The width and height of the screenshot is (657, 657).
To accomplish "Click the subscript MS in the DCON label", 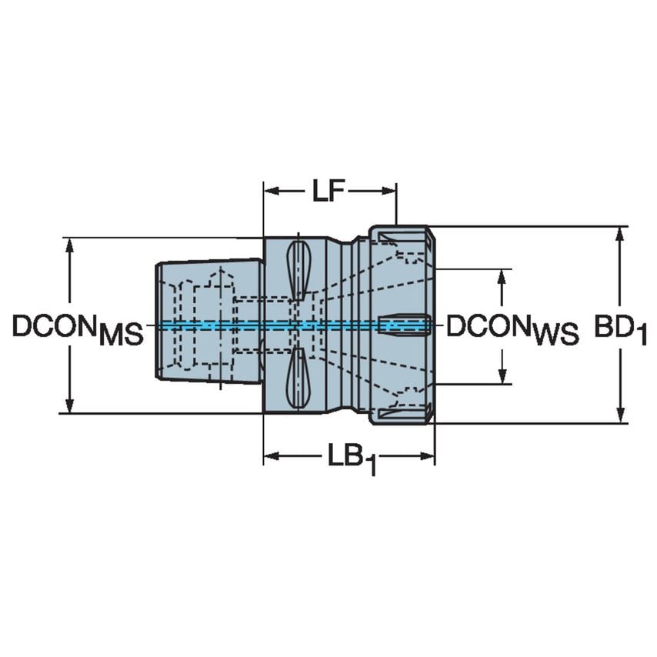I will (122, 335).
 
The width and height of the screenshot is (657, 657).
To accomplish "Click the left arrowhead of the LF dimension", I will (270, 191).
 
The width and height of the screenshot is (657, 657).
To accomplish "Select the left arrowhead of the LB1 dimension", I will (270, 457).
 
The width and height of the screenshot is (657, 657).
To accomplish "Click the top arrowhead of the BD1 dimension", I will (621, 233).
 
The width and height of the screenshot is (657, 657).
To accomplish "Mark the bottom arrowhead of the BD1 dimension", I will (621, 416).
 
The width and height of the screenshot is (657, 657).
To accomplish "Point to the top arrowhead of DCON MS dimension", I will (70, 244).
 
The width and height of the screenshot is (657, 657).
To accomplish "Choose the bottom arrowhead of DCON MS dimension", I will (70, 407).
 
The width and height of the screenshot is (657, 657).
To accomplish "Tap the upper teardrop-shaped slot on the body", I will (298, 269).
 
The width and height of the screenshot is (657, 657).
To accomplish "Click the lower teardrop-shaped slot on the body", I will (298, 378).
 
